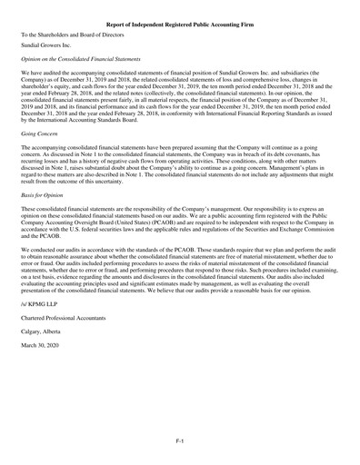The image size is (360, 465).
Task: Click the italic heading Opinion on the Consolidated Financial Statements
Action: tap(88, 57)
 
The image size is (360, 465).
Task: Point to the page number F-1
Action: tap(180, 439)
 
